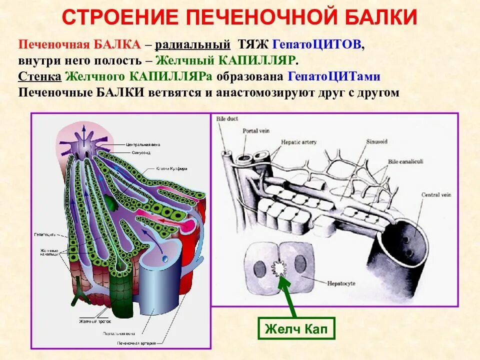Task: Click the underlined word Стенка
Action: (40, 76)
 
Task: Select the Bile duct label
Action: (227, 119)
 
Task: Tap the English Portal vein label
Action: (256, 130)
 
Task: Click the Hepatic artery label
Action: (298, 142)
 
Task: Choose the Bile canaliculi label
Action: (407, 161)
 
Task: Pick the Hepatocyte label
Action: (341, 283)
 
